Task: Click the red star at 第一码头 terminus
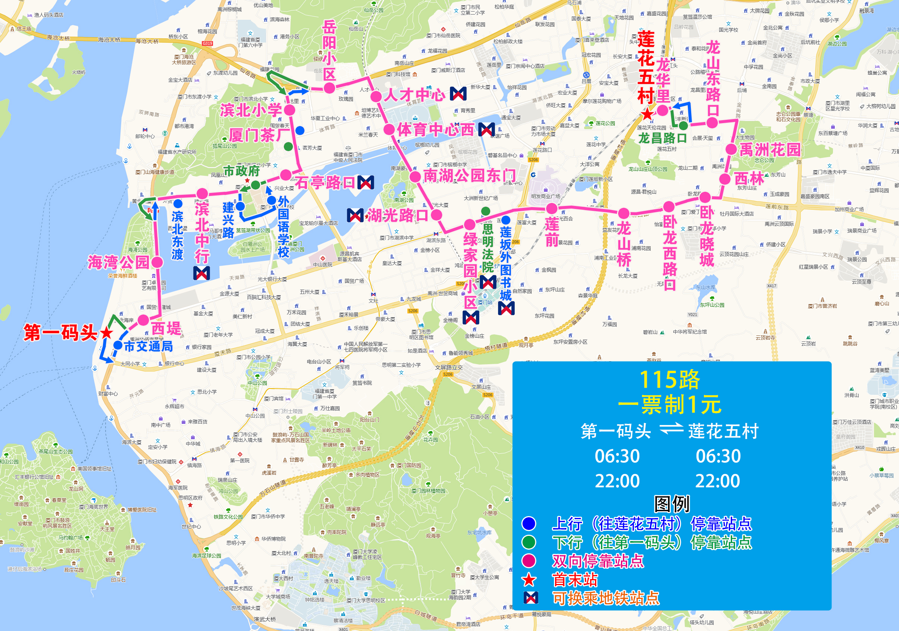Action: [106, 333]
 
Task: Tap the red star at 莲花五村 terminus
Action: [648, 115]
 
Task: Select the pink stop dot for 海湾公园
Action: [157, 262]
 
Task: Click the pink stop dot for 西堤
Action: [143, 320]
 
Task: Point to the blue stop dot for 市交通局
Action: [118, 345]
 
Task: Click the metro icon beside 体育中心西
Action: [486, 129]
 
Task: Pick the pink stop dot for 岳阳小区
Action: [329, 88]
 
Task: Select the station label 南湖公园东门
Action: [469, 175]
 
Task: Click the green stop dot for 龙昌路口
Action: [683, 126]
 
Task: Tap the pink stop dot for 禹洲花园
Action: [731, 149]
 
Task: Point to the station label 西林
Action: [749, 179]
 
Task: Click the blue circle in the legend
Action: [529, 523]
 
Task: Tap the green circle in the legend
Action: [529, 542]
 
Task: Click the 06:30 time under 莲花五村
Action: [718, 456]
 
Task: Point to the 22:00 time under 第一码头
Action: [617, 481]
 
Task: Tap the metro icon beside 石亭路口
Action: [366, 182]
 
